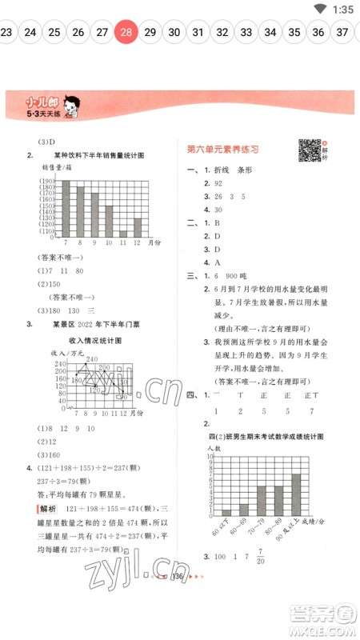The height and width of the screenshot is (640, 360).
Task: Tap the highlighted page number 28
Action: click(x=126, y=32)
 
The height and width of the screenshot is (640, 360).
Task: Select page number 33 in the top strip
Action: click(x=246, y=32)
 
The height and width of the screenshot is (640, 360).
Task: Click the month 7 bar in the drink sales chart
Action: click(x=66, y=206)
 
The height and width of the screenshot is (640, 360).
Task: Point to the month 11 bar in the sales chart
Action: click(x=123, y=234)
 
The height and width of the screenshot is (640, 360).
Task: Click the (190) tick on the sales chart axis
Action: click(x=46, y=183)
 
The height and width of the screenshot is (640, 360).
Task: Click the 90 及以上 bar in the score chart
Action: click(x=296, y=495)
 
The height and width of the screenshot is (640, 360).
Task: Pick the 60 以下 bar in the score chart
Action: click(x=226, y=513)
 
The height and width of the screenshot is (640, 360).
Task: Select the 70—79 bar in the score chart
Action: click(x=261, y=501)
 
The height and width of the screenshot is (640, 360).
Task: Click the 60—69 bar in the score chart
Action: click(x=243, y=510)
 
